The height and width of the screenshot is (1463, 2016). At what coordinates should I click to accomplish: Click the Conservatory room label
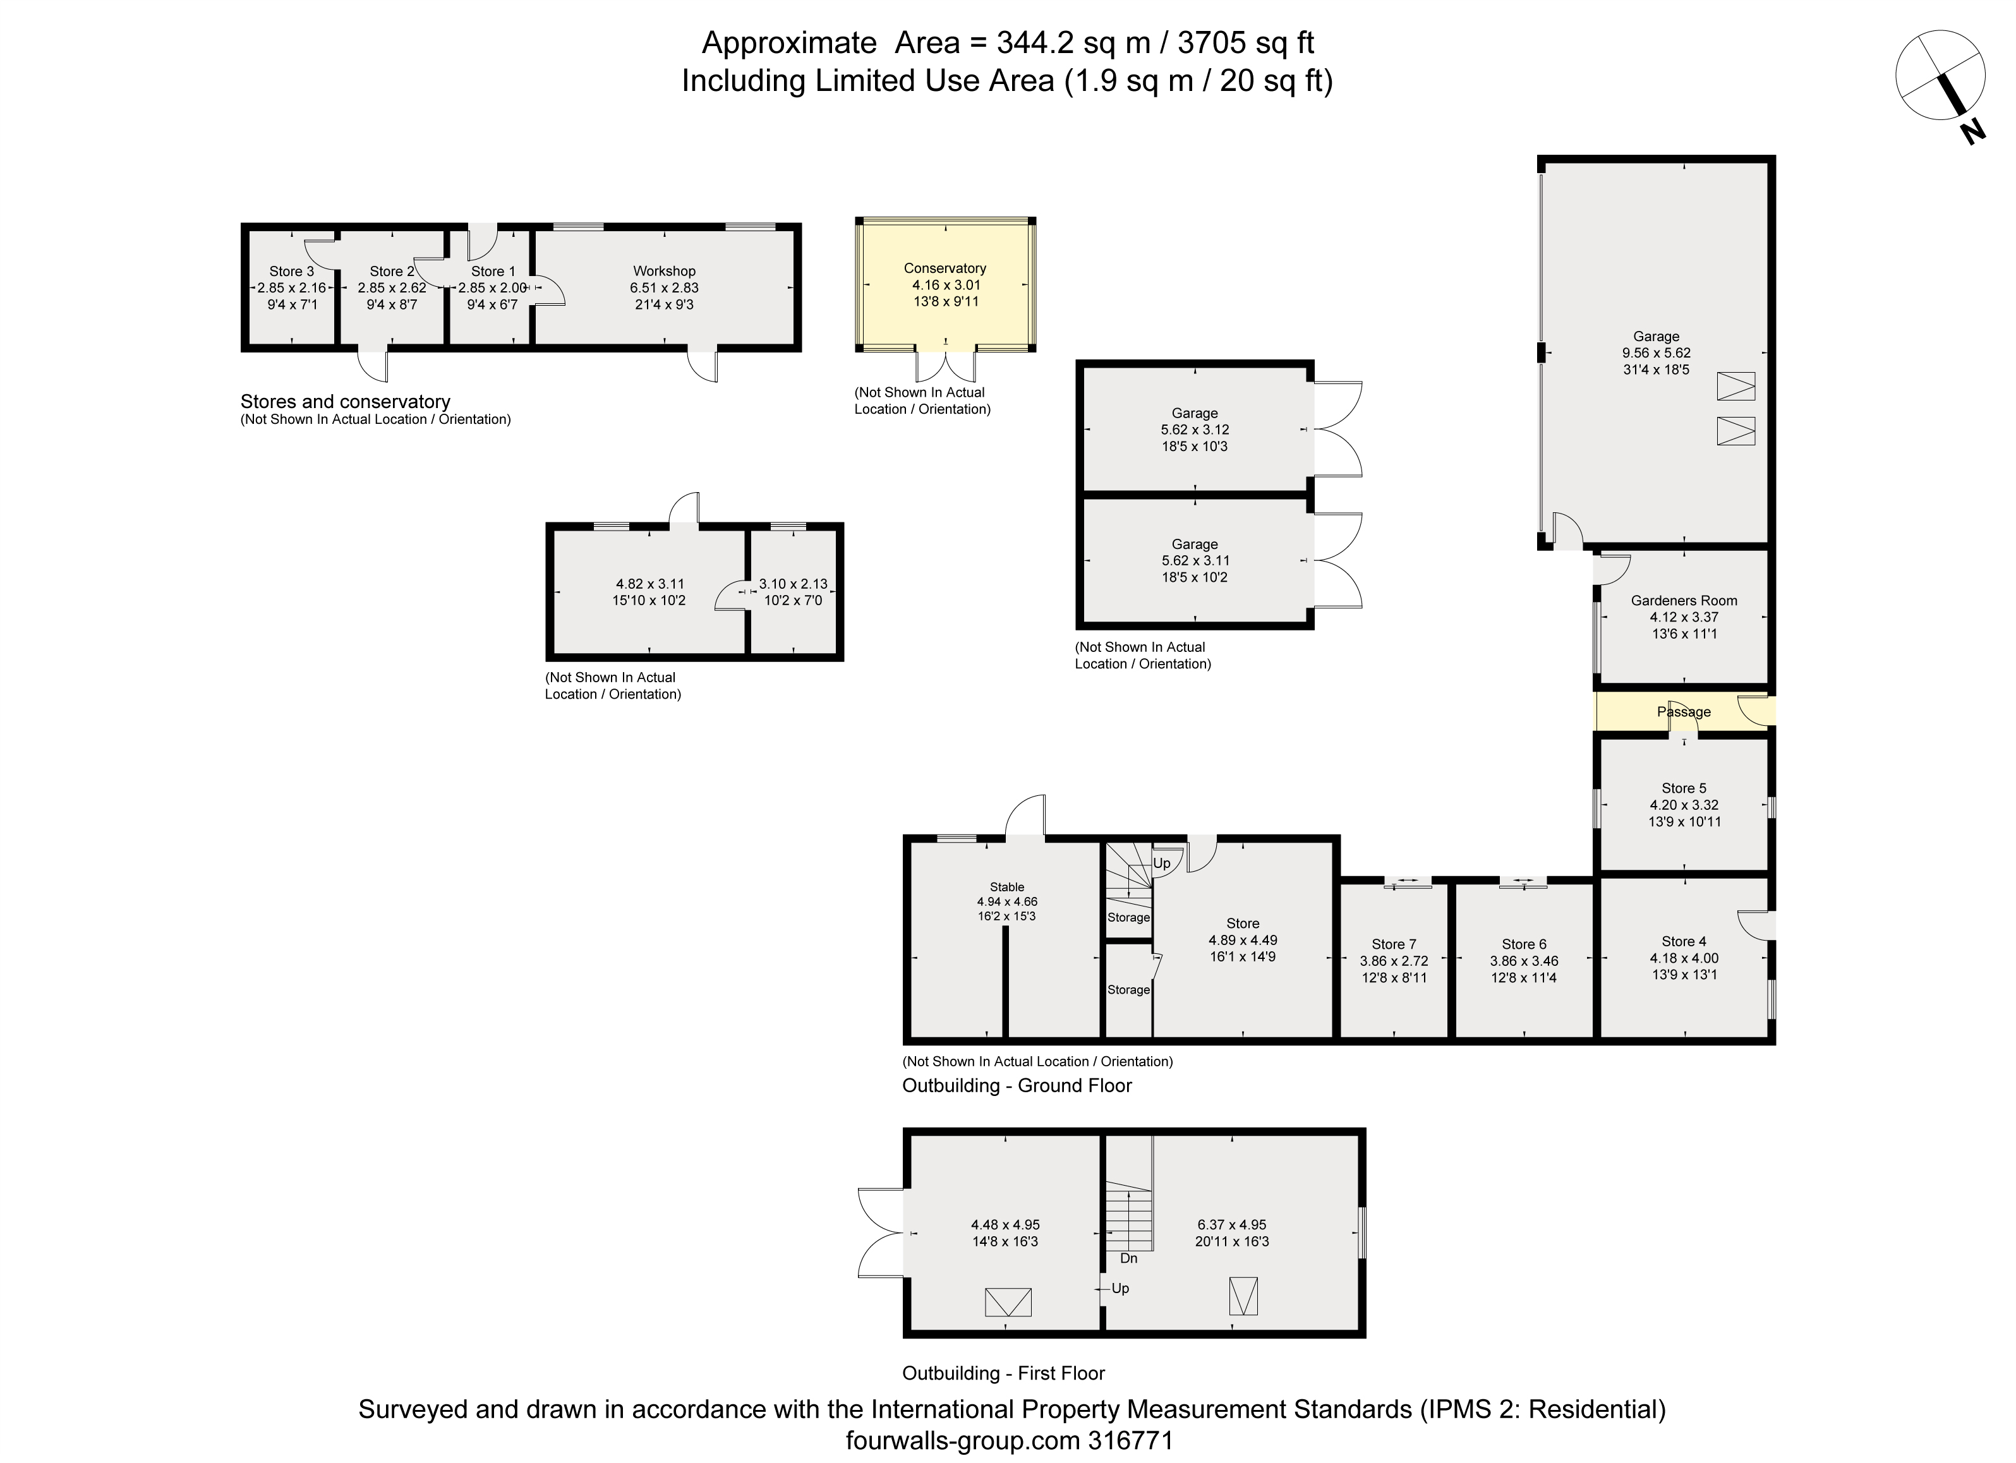pos(945,268)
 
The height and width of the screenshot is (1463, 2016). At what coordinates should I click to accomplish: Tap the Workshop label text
pos(664,271)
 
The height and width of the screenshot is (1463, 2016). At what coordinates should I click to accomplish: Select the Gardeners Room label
pos(1684,601)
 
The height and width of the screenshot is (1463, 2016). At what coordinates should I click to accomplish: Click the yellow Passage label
pos(1684,712)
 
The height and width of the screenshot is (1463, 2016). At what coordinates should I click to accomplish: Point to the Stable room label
pos(1007,887)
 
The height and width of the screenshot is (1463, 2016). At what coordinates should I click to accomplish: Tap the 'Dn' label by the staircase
pos(1128,1258)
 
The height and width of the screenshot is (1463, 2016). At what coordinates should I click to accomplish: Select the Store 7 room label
pos(1394,945)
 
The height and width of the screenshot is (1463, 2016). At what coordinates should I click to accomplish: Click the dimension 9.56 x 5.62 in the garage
pos(1656,353)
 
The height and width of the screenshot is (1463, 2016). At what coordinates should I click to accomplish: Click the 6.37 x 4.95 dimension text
pos(1231,1225)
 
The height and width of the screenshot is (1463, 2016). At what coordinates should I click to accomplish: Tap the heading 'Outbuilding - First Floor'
pos(1003,1373)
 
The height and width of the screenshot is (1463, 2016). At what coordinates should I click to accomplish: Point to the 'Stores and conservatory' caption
pos(345,402)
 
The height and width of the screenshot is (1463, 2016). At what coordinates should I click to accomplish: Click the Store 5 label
pos(1684,788)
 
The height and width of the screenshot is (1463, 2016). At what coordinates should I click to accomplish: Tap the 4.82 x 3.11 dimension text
pos(649,584)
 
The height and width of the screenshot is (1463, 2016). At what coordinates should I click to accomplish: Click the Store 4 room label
pos(1684,941)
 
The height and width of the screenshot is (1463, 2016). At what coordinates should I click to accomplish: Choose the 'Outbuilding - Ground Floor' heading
pos(1017,1085)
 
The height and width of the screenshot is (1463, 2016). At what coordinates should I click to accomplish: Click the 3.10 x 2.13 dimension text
pos(793,584)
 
